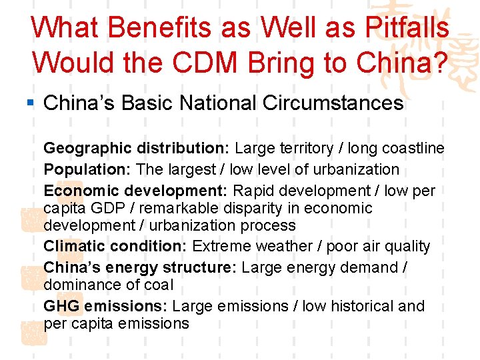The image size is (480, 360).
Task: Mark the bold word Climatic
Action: tap(76, 246)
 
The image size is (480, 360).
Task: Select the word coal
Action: tap(159, 285)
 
